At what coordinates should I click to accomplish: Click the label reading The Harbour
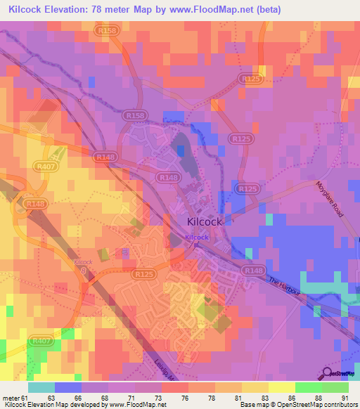point(288,287)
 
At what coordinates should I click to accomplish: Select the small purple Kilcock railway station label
point(197,238)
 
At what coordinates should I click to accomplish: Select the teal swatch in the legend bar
point(41,387)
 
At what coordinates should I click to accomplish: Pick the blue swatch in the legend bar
point(68,387)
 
